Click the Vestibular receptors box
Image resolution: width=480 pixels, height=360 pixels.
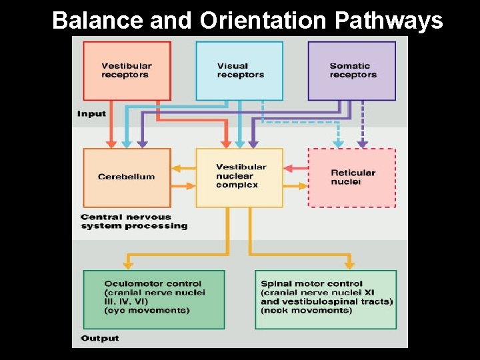tap(127, 71)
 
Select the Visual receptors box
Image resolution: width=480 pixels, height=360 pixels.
tap(239, 71)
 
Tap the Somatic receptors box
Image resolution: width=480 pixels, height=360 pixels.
tap(352, 71)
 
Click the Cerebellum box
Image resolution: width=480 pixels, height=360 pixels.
tap(127, 177)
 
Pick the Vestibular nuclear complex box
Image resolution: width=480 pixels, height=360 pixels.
tap(239, 177)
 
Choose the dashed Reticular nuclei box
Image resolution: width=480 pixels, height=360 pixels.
tap(352, 177)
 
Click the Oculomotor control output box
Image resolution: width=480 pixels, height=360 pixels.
tap(154, 299)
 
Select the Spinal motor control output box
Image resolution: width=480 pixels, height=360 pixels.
tap(326, 299)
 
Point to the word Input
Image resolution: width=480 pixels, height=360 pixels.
tap(91, 113)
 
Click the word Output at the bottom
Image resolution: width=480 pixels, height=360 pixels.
tap(100, 338)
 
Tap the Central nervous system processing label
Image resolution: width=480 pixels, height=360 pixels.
tap(134, 221)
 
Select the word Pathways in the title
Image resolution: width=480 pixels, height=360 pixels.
tap(388, 21)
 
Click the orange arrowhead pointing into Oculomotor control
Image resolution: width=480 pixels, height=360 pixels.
tap(128, 265)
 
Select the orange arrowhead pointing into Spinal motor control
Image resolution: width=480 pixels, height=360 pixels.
tap(352, 265)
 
